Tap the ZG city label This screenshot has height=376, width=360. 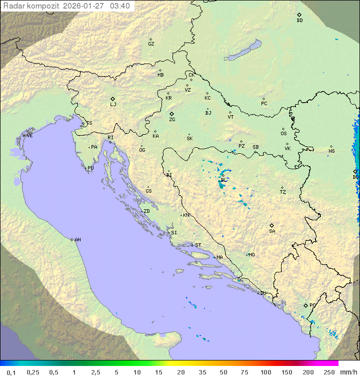[x=172, y=120]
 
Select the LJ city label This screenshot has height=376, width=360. [x=113, y=105]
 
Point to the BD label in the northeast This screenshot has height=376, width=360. [x=299, y=21]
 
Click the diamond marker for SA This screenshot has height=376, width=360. [x=272, y=225]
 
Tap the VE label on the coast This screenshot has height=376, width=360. [x=29, y=136]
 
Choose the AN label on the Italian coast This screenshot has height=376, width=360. [x=77, y=240]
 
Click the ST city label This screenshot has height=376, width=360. [x=198, y=245]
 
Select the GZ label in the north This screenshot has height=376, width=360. [x=151, y=44]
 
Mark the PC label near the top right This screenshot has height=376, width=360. [x=264, y=104]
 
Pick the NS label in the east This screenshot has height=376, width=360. [x=331, y=151]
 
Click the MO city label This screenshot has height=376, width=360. [x=251, y=255]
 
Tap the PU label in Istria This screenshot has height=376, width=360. [x=90, y=168]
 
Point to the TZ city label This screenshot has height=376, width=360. [x=283, y=192]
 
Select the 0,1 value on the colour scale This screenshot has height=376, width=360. [x=11, y=372]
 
